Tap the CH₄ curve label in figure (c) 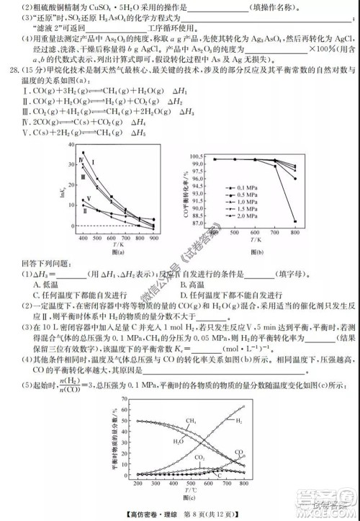coord(192,420)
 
